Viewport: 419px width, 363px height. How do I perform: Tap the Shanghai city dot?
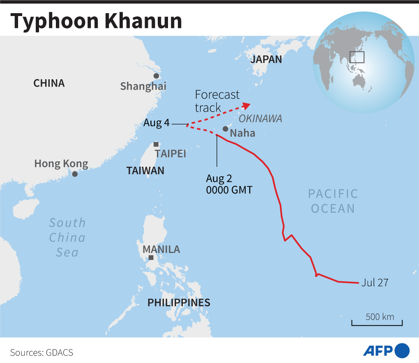(156, 76)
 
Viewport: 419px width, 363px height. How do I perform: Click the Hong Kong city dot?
(75, 174)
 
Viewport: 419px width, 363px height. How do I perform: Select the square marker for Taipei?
(156, 144)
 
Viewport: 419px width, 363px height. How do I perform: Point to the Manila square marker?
(151, 257)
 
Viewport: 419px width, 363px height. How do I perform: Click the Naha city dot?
(226, 129)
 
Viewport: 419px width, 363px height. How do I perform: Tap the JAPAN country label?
(266, 59)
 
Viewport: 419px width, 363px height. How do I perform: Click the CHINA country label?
(49, 83)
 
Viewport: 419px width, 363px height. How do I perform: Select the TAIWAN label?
(145, 170)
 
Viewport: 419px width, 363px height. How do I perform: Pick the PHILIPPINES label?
(179, 303)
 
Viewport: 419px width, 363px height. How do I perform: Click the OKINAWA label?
(260, 119)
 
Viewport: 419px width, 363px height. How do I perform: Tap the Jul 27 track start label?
(375, 283)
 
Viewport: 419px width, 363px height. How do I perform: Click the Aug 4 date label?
(157, 123)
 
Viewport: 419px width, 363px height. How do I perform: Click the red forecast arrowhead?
(246, 105)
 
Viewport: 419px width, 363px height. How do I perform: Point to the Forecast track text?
(217, 101)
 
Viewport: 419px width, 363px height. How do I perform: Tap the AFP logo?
(386, 351)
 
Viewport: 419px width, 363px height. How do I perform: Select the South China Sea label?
(67, 237)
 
